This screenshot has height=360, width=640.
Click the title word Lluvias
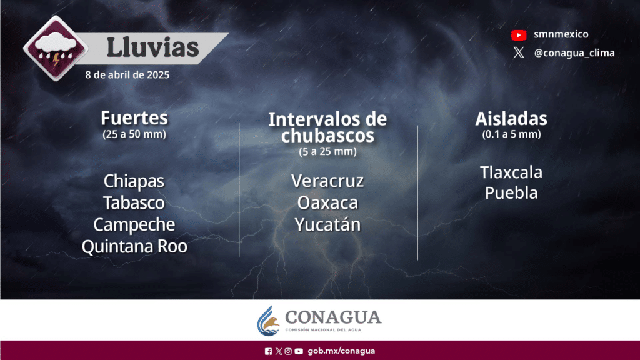(x=152, y=47)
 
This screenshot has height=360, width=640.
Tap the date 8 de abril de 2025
(x=127, y=75)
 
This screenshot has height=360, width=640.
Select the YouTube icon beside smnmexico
(x=519, y=35)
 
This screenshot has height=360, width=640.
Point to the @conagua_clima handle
(x=574, y=52)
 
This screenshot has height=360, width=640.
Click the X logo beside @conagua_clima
(x=519, y=52)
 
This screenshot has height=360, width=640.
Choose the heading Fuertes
(x=134, y=118)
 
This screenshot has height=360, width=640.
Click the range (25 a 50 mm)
(x=134, y=134)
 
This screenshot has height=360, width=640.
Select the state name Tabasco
(x=134, y=203)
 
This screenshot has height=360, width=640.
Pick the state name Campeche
(x=134, y=225)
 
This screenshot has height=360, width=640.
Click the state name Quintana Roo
(x=135, y=246)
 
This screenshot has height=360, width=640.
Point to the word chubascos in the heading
(x=327, y=136)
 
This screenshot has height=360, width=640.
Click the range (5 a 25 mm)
(x=327, y=151)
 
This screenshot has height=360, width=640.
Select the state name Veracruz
(x=327, y=181)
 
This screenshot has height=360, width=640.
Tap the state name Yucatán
(x=327, y=224)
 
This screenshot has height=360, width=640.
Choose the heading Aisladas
(x=511, y=119)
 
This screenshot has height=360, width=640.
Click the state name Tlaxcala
(x=511, y=172)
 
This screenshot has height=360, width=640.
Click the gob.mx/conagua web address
(x=341, y=351)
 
